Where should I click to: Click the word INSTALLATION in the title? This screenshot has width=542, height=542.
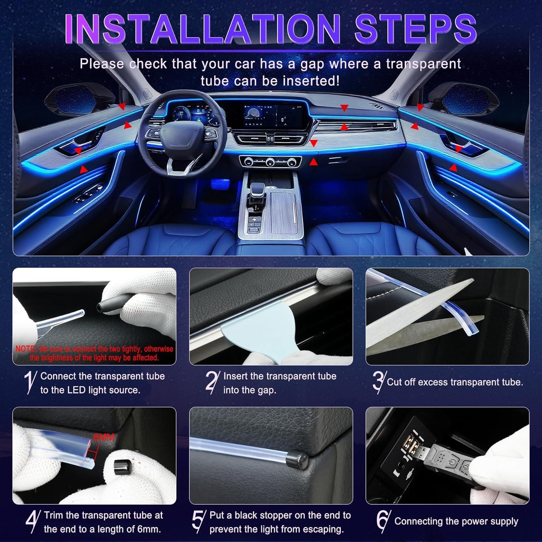(202, 29)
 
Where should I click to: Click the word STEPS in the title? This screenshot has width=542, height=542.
(416, 29)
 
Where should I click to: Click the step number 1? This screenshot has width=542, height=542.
(30, 382)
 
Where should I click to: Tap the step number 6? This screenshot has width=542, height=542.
(383, 521)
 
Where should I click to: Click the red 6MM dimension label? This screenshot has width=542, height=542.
(104, 437)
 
